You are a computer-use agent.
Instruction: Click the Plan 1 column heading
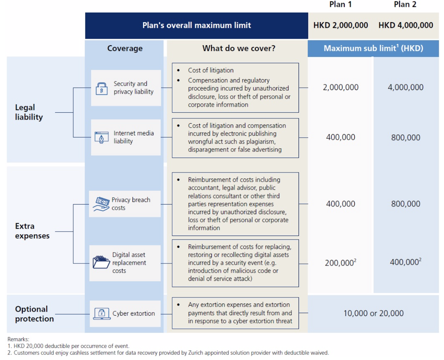click(340, 4)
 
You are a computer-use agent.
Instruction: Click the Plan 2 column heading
click(405, 4)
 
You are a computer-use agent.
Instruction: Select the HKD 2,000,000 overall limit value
click(340, 25)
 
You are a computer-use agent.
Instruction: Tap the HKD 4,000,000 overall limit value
click(406, 25)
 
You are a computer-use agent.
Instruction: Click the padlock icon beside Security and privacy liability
click(102, 89)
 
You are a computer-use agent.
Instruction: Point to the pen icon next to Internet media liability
click(102, 137)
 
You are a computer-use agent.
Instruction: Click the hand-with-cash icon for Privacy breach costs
click(101, 204)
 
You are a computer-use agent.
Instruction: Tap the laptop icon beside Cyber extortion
click(102, 314)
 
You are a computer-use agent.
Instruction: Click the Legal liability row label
click(29, 112)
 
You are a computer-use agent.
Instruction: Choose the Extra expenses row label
click(32, 231)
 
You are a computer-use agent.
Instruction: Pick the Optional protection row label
click(34, 314)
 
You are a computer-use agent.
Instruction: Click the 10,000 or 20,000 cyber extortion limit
click(373, 313)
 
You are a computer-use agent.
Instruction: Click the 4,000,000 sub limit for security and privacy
click(405, 87)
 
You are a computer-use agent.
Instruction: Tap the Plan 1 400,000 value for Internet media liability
click(340, 137)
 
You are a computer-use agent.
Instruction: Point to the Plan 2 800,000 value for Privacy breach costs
click(405, 204)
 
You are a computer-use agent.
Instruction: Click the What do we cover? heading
click(239, 48)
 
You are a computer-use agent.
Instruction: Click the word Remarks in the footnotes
click(18, 339)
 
